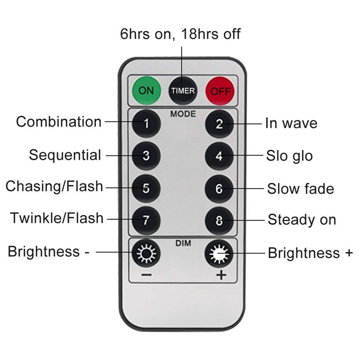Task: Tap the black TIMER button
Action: (183, 91)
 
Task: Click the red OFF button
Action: (220, 91)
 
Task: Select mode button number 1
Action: (146, 123)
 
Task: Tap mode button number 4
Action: (219, 156)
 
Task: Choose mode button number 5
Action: (146, 188)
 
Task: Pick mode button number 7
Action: (146, 220)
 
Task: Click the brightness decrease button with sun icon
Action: (146, 253)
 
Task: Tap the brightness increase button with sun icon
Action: (219, 254)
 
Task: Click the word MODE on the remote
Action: (183, 114)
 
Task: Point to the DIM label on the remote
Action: (183, 243)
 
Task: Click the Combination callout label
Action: (59, 121)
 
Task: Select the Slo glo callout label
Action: (289, 156)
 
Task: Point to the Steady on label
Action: (302, 220)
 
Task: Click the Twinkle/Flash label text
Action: (57, 218)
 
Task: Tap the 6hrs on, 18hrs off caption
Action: (180, 34)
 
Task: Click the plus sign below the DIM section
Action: (221, 275)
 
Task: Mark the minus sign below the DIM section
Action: (147, 275)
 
